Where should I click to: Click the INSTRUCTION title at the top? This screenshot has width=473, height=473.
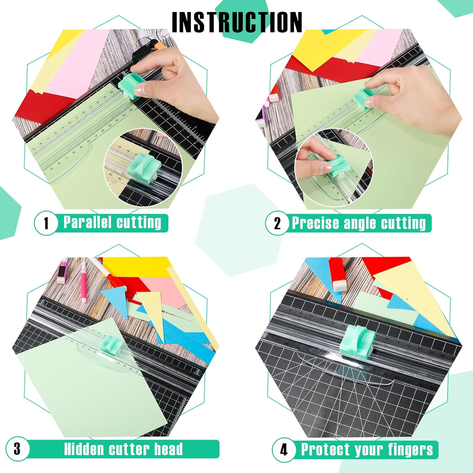(x=237, y=22)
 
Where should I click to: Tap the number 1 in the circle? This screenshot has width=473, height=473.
(x=46, y=223)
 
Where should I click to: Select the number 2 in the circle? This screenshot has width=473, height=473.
(x=277, y=223)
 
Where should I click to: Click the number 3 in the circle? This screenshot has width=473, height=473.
(x=17, y=449)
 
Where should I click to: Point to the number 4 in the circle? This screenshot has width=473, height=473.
(x=284, y=449)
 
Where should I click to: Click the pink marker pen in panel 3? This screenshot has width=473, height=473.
(x=84, y=280)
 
